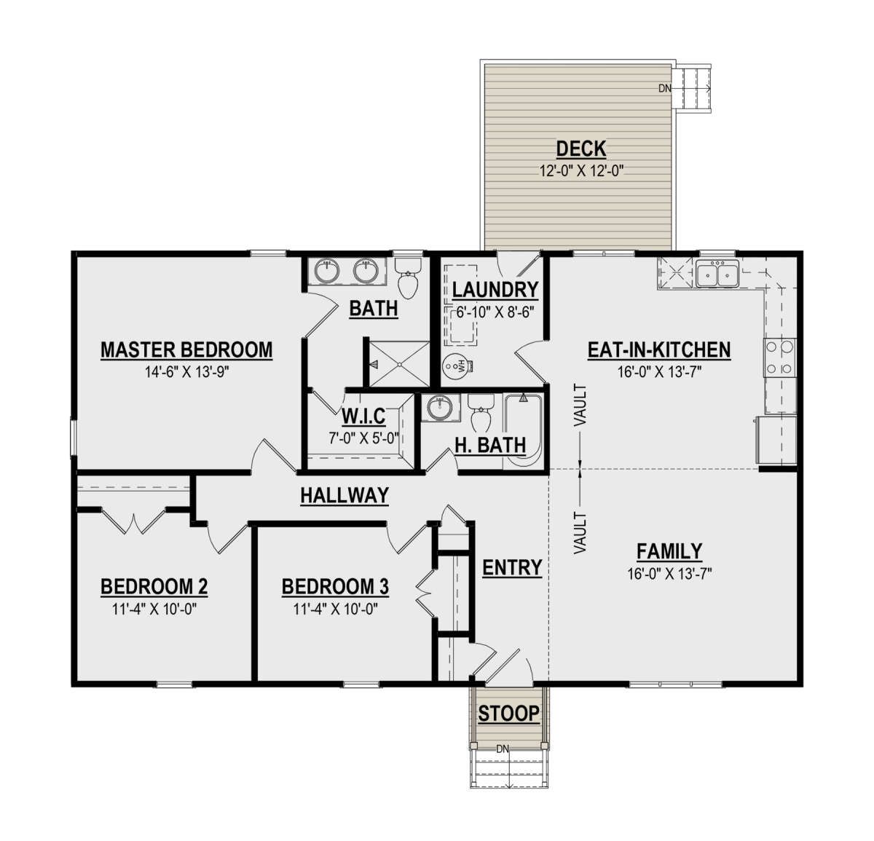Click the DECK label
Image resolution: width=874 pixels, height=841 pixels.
pyautogui.click(x=581, y=149)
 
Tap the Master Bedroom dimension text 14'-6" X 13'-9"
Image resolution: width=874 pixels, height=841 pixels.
pyautogui.click(x=187, y=372)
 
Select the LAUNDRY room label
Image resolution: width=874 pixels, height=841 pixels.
pyautogui.click(x=495, y=290)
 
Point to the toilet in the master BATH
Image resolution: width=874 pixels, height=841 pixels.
pyautogui.click(x=408, y=278)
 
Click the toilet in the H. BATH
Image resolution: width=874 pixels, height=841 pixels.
pyautogui.click(x=481, y=413)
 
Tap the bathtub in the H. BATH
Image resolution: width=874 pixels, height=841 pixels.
pyautogui.click(x=522, y=432)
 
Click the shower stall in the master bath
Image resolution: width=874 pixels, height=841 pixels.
pyautogui.click(x=399, y=363)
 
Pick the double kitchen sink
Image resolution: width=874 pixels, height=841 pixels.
pyautogui.click(x=717, y=274)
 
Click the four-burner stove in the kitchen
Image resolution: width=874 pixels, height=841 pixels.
pyautogui.click(x=779, y=358)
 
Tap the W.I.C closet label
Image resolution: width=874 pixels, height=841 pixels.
pyautogui.click(x=363, y=416)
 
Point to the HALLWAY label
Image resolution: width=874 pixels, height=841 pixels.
pyautogui.click(x=345, y=496)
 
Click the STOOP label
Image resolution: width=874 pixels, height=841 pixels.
pyautogui.click(x=508, y=713)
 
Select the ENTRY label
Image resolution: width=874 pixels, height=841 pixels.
pyautogui.click(x=512, y=567)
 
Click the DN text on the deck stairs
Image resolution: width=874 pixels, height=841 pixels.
pyautogui.click(x=665, y=88)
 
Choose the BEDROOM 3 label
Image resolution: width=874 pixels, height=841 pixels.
pyautogui.click(x=335, y=586)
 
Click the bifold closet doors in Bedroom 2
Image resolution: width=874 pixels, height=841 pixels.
pyautogui.click(x=133, y=521)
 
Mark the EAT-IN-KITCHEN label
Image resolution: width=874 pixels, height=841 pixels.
pyautogui.click(x=659, y=350)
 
